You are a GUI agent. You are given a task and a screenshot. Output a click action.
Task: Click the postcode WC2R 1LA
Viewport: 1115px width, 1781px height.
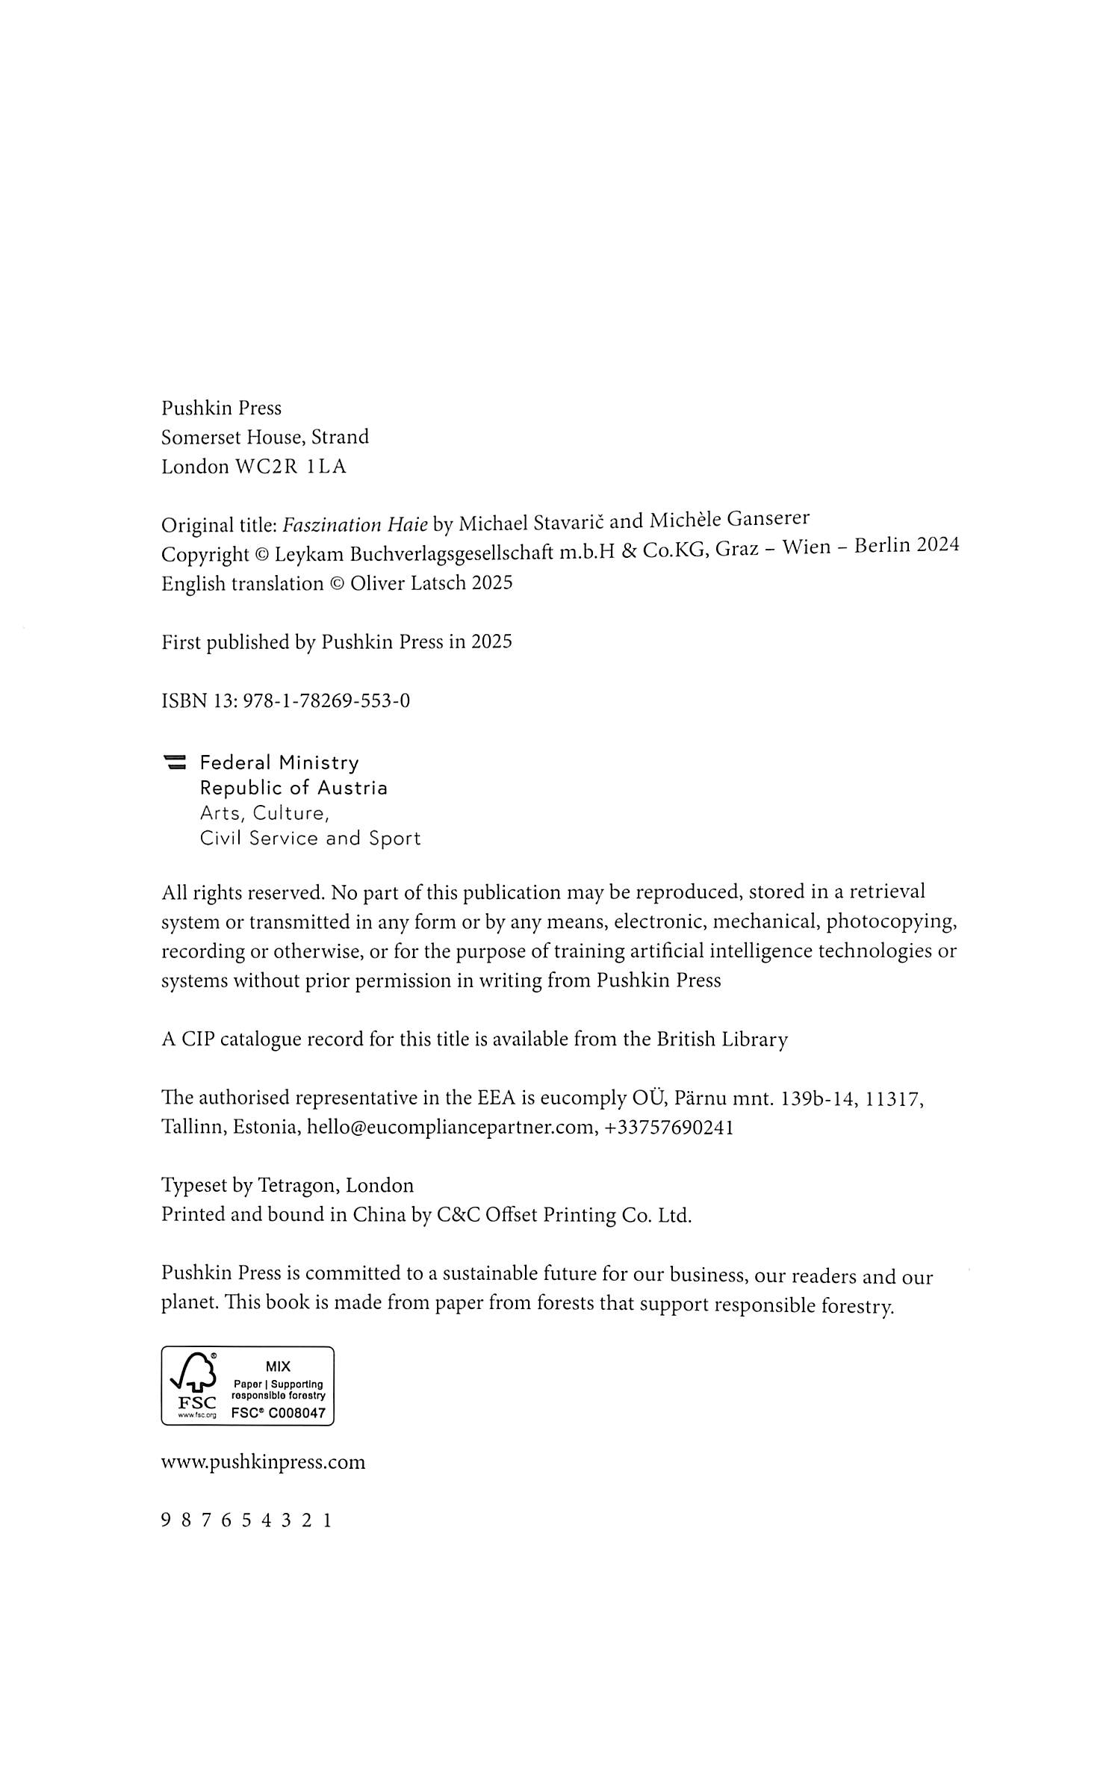291,467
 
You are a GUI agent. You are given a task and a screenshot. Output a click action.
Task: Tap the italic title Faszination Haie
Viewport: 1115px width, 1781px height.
355,525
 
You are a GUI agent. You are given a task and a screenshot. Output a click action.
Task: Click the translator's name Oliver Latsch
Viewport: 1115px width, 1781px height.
409,583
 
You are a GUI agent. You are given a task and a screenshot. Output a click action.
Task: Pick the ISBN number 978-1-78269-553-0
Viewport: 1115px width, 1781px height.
326,701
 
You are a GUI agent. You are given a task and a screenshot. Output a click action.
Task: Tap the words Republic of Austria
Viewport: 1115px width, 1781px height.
293,788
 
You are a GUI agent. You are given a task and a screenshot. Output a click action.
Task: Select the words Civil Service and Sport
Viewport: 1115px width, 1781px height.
310,839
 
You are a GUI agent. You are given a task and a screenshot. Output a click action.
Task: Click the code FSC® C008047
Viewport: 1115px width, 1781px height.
278,1413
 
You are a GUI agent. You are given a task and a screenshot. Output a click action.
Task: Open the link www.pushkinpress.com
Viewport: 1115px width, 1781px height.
264,1461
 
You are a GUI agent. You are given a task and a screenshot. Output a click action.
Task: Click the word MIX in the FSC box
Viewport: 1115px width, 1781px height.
278,1367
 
